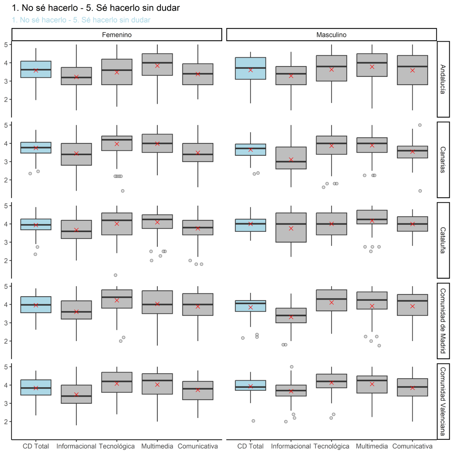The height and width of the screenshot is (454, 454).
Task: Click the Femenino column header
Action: tap(117, 35)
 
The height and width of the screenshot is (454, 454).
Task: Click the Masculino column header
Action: tap(331, 35)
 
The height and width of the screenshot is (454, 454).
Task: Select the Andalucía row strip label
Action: tap(443, 79)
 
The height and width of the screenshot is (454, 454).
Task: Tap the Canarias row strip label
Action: tap(443, 160)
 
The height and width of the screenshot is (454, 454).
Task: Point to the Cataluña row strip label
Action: tap(443, 240)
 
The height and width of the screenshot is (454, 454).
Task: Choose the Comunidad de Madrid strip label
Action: tap(443, 321)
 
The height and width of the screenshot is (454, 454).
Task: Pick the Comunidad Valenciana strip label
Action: tap(443, 402)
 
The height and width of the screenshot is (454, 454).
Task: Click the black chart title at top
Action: tap(96, 8)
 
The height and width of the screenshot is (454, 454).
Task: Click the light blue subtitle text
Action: tap(81, 20)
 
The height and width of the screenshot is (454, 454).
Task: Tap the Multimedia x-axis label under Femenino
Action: tap(157, 446)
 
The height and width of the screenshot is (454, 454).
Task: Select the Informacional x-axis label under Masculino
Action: tap(291, 446)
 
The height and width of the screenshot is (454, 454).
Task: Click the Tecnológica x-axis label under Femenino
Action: tap(117, 446)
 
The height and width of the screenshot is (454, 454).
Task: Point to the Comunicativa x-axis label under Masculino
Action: tap(412, 446)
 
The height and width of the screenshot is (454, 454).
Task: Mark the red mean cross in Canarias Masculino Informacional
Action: tap(291, 159)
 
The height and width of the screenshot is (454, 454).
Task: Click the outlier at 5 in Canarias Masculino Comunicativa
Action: tap(420, 125)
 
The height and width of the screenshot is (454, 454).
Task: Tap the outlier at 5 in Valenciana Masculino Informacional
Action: tap(292, 367)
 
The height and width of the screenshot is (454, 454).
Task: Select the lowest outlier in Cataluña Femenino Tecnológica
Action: tap(116, 275)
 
